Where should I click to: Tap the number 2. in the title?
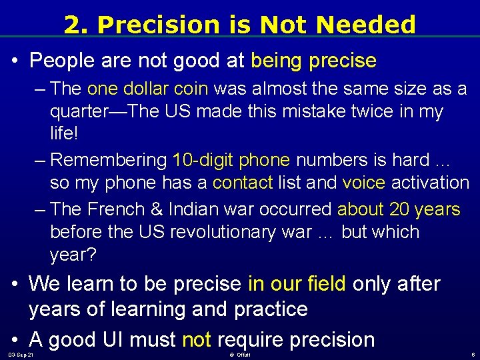[77, 25]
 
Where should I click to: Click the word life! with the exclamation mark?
[64, 133]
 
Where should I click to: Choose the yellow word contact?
[243, 183]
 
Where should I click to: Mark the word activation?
[431, 183]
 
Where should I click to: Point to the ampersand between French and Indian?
[157, 209]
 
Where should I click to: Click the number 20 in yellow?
[399, 209]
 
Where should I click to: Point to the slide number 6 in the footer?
[472, 354]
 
